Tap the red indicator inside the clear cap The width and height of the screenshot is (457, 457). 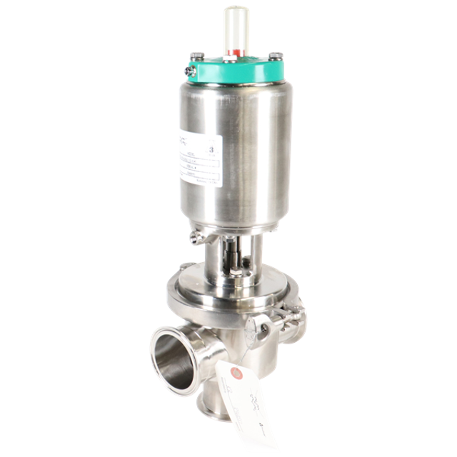tap(233, 51)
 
